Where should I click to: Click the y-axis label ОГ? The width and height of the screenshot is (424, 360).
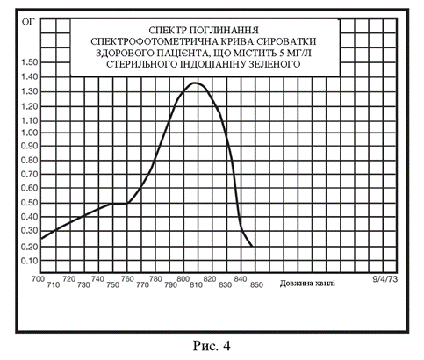click(x=28, y=22)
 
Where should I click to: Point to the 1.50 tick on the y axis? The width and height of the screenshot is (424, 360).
click(x=30, y=62)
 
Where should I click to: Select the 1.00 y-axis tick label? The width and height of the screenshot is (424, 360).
click(x=30, y=133)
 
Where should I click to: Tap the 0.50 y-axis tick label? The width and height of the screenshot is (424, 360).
click(x=30, y=203)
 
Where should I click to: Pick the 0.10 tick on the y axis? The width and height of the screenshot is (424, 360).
click(x=30, y=261)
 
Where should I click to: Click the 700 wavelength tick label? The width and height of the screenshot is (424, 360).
click(x=39, y=279)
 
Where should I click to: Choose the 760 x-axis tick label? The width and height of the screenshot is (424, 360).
click(x=127, y=279)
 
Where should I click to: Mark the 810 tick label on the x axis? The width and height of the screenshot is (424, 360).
click(x=196, y=284)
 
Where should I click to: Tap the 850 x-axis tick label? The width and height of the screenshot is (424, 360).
click(x=256, y=284)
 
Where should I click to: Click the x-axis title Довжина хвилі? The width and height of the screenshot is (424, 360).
click(x=307, y=284)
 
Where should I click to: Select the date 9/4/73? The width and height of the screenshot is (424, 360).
click(x=385, y=279)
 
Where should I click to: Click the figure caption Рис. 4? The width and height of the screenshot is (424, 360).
click(x=212, y=346)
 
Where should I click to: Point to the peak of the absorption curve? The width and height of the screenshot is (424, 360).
click(x=195, y=83)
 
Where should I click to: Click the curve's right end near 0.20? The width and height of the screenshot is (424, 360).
click(x=253, y=247)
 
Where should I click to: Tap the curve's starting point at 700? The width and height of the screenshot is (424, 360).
click(x=41, y=239)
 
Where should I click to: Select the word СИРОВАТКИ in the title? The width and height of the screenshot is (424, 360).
click(x=287, y=41)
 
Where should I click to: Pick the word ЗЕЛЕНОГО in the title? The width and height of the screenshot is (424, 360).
click(x=275, y=64)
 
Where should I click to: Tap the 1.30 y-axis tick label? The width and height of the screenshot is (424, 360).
click(x=30, y=91)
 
